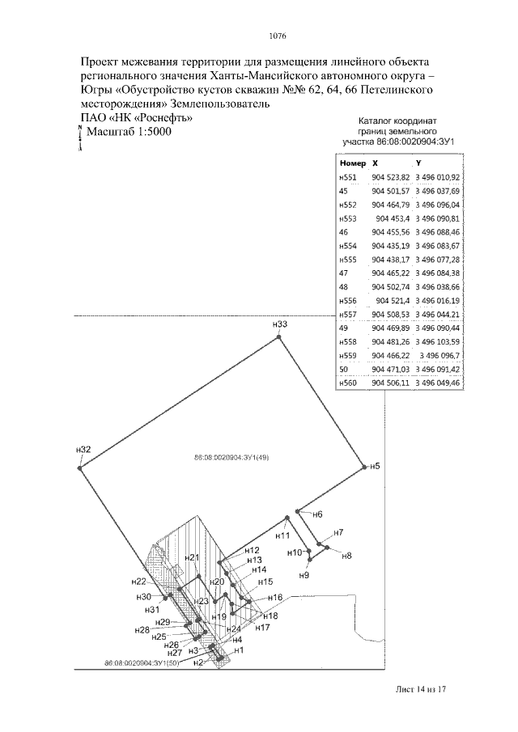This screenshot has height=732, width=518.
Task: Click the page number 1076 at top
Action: tap(277, 35)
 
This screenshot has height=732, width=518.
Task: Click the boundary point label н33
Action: tap(281, 324)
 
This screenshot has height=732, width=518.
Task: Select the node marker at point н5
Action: tap(365, 467)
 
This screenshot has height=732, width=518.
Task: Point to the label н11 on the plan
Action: tap(282, 535)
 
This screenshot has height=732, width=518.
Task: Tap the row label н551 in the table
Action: tap(346, 176)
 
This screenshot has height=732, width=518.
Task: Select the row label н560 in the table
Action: tap(346, 383)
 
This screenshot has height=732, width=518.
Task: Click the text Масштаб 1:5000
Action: tap(129, 132)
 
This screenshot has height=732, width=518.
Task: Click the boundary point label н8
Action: tap(346, 556)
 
